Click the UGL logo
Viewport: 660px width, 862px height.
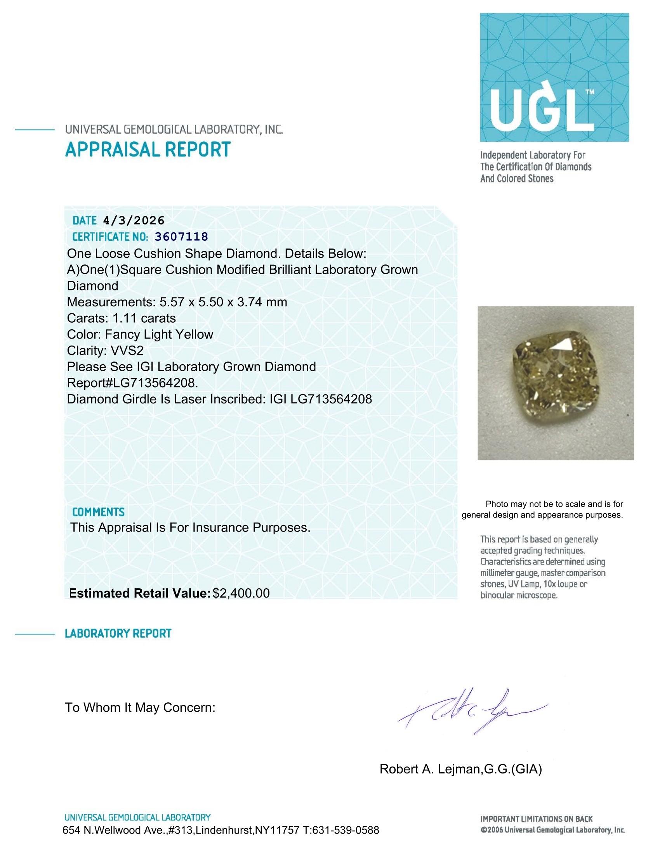click(554, 77)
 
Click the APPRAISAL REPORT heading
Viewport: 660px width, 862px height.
click(148, 150)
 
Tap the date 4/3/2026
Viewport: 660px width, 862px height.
click(134, 221)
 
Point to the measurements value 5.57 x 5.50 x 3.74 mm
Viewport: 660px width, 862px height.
click(223, 302)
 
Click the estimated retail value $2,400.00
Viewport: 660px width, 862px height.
click(241, 593)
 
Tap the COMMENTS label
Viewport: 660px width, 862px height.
click(98, 512)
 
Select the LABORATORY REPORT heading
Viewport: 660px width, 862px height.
click(118, 633)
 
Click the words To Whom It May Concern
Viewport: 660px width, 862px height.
click(140, 707)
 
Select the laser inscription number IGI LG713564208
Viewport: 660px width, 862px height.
click(321, 399)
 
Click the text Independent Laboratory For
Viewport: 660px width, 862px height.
click(533, 155)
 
